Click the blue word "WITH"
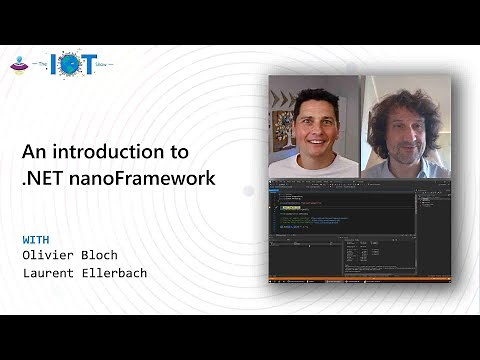click(38, 240)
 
